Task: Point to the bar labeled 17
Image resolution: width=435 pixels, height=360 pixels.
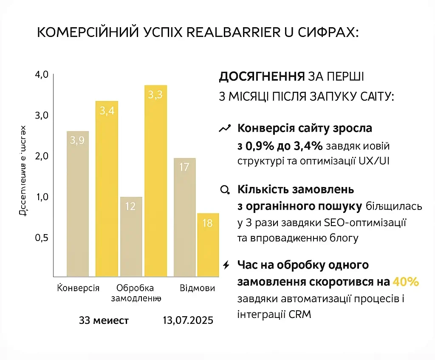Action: [184, 217]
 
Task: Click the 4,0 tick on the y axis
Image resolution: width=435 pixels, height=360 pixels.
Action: [42, 75]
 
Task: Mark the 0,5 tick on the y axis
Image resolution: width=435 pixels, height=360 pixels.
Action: [42, 238]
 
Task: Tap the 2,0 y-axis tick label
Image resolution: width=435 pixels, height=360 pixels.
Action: [42, 156]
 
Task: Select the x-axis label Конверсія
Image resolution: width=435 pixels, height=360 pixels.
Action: [78, 288]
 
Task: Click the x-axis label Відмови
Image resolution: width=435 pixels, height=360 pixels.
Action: [197, 288]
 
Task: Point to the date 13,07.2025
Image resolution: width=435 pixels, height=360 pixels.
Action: [188, 320]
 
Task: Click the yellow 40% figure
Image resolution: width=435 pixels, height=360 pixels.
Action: [406, 282]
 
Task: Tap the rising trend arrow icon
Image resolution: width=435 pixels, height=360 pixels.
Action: [225, 128]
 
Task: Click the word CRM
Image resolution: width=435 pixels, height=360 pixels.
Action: [300, 315]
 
